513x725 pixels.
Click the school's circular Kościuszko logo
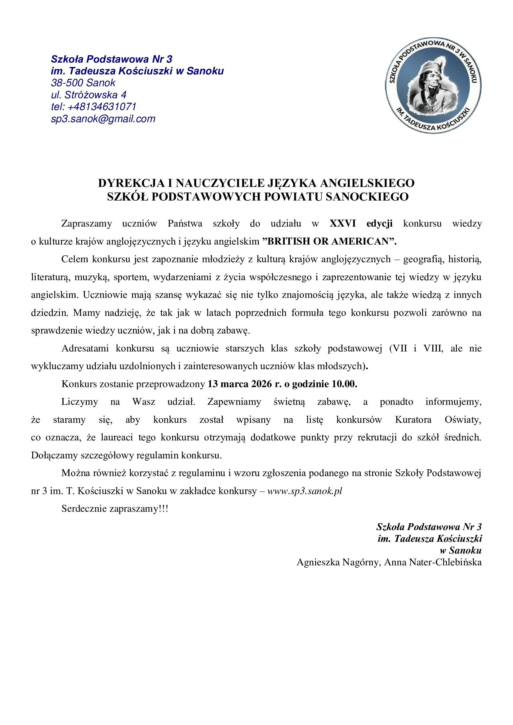433,86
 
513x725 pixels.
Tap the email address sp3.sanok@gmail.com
103,119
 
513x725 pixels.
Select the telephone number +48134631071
102,107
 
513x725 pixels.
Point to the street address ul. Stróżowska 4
89,95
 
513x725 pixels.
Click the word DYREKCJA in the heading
132,183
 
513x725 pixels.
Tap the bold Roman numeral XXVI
342,223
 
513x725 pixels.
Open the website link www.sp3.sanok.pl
305,491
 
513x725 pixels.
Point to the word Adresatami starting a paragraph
85,348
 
